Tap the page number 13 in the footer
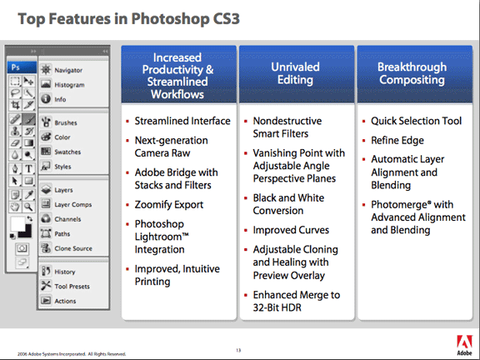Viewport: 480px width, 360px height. click(x=239, y=348)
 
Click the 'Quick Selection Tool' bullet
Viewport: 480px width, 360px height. click(x=416, y=121)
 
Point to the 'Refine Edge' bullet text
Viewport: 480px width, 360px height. click(x=398, y=141)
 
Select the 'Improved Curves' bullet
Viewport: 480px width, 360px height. click(x=291, y=230)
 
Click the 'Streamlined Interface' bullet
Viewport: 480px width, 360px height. click(x=182, y=121)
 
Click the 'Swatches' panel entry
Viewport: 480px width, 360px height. click(x=68, y=152)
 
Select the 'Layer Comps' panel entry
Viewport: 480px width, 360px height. click(x=72, y=204)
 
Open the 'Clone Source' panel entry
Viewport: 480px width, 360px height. click(x=73, y=247)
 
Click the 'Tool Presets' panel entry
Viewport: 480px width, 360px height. click(x=72, y=286)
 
